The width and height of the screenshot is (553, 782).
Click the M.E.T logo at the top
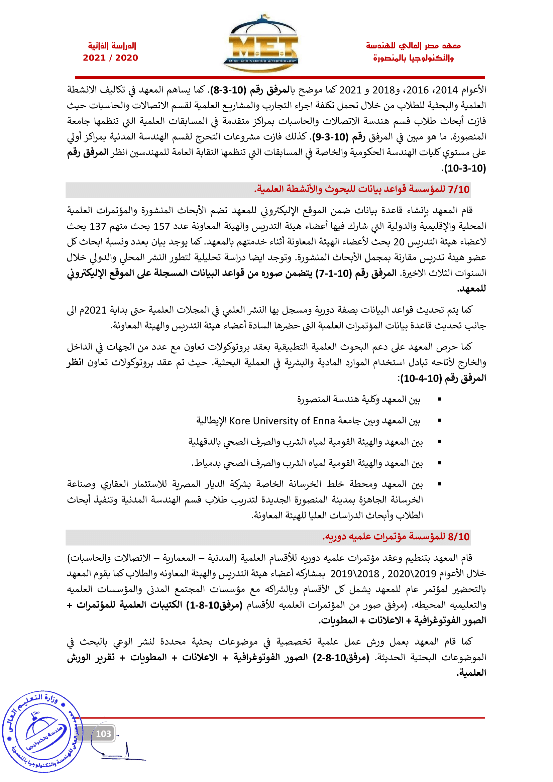260,44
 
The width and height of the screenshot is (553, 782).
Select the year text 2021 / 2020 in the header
110,58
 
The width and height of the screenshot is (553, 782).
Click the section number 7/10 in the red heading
459,190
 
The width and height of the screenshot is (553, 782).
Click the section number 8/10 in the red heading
459,537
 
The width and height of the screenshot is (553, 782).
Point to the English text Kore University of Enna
282,421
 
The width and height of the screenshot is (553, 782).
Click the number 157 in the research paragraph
161,226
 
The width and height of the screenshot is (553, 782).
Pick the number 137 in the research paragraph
98,226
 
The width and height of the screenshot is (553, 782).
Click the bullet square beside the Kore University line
440,421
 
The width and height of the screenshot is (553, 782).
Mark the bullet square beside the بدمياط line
440,463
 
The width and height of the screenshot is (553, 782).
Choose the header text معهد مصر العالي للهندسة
413,46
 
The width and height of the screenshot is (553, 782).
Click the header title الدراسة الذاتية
112,46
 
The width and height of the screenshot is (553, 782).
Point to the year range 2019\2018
355,574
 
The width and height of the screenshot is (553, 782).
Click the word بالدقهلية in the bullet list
204,442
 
